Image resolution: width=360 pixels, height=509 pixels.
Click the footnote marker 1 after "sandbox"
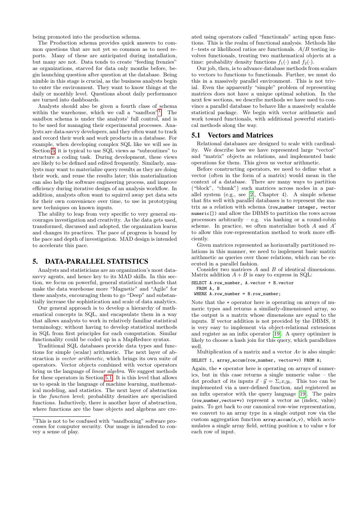(x=159, y=112)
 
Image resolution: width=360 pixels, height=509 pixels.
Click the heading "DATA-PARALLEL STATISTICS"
(x=96, y=262)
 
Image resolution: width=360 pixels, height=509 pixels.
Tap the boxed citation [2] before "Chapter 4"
(x=252, y=194)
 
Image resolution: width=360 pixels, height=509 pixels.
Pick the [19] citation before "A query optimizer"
(x=277, y=334)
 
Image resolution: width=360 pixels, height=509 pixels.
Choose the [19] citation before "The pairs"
(x=302, y=394)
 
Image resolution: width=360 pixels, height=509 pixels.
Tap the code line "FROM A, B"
(x=208, y=288)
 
